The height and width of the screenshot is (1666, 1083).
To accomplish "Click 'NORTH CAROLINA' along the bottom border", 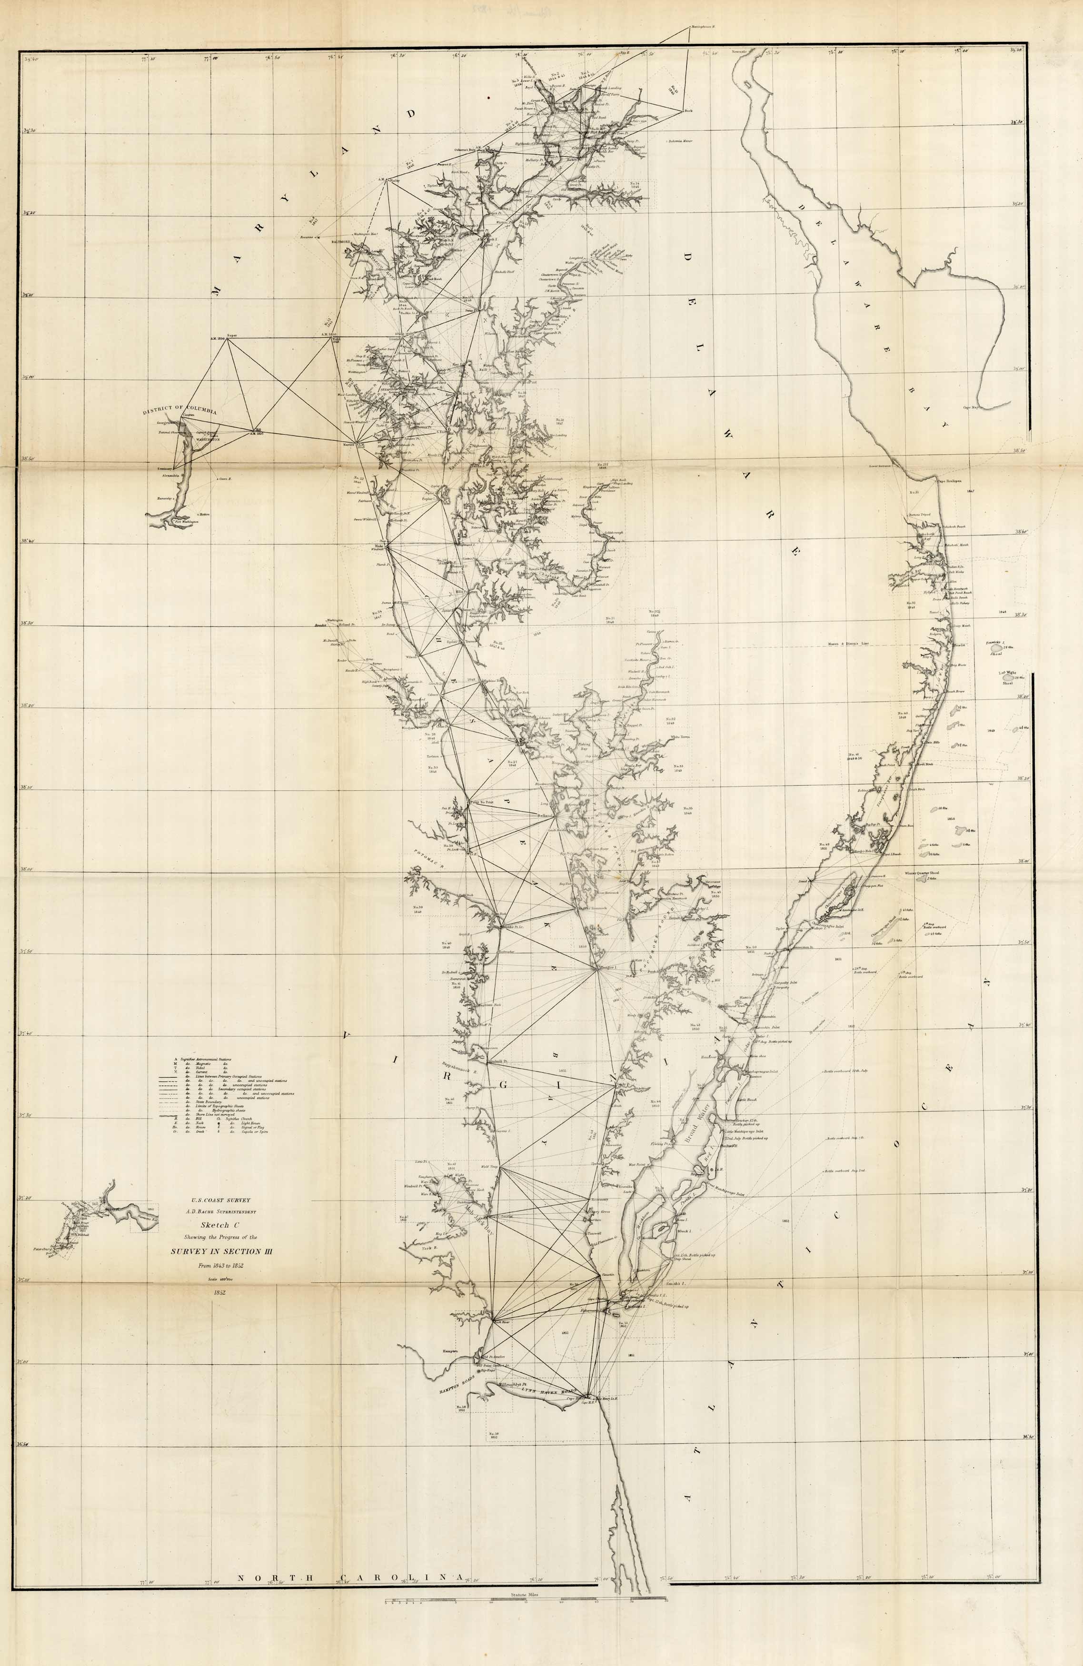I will coord(350,1630).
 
